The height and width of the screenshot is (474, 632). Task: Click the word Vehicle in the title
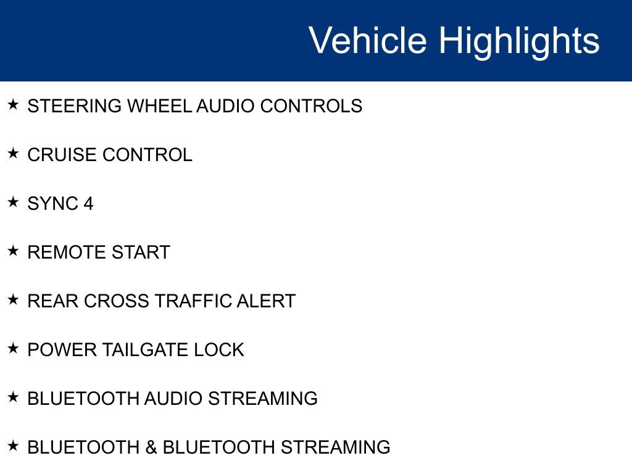[368, 41]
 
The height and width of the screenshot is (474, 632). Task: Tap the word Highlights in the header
[519, 41]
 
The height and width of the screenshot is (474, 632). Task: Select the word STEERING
[75, 106]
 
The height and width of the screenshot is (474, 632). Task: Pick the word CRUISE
[62, 155]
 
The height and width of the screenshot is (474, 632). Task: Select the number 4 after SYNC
[88, 204]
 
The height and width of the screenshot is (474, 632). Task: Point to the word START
[140, 252]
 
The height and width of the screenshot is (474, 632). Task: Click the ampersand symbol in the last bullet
[151, 447]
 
